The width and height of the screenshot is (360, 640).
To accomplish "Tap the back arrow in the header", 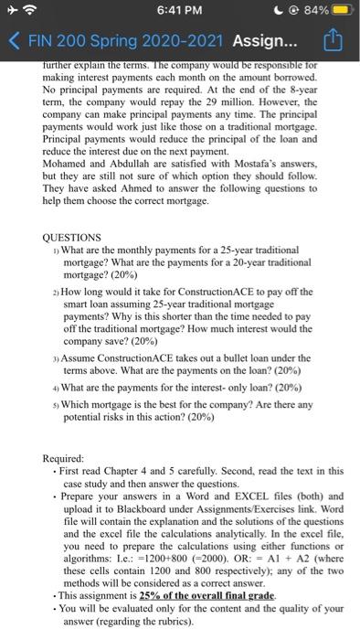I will point(12,42).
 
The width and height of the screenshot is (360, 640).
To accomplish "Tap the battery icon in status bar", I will point(343,12).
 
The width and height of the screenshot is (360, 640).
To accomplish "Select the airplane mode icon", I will point(12,12).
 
